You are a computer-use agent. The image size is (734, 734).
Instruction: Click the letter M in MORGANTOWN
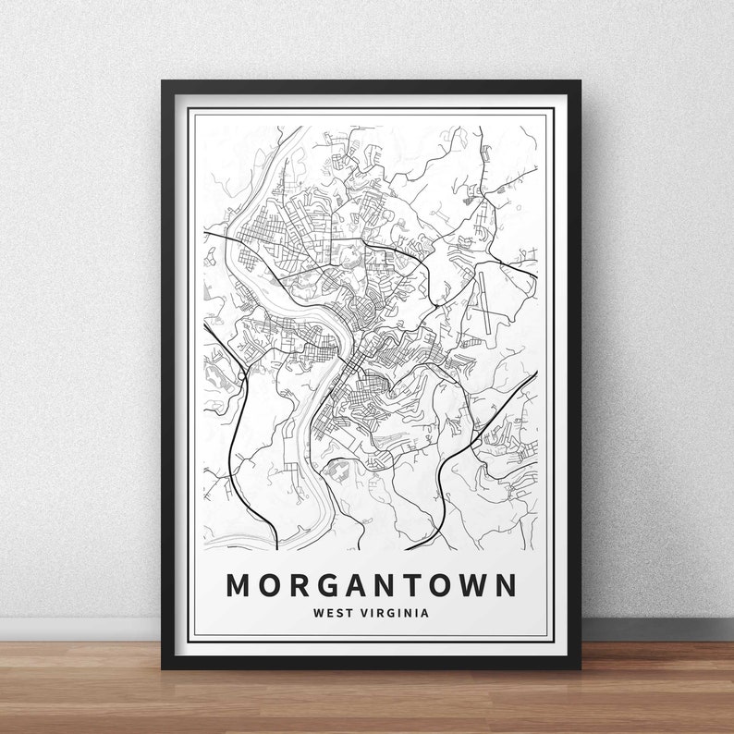point(239,585)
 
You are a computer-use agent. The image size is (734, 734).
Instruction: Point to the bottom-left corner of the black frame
point(164,667)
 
